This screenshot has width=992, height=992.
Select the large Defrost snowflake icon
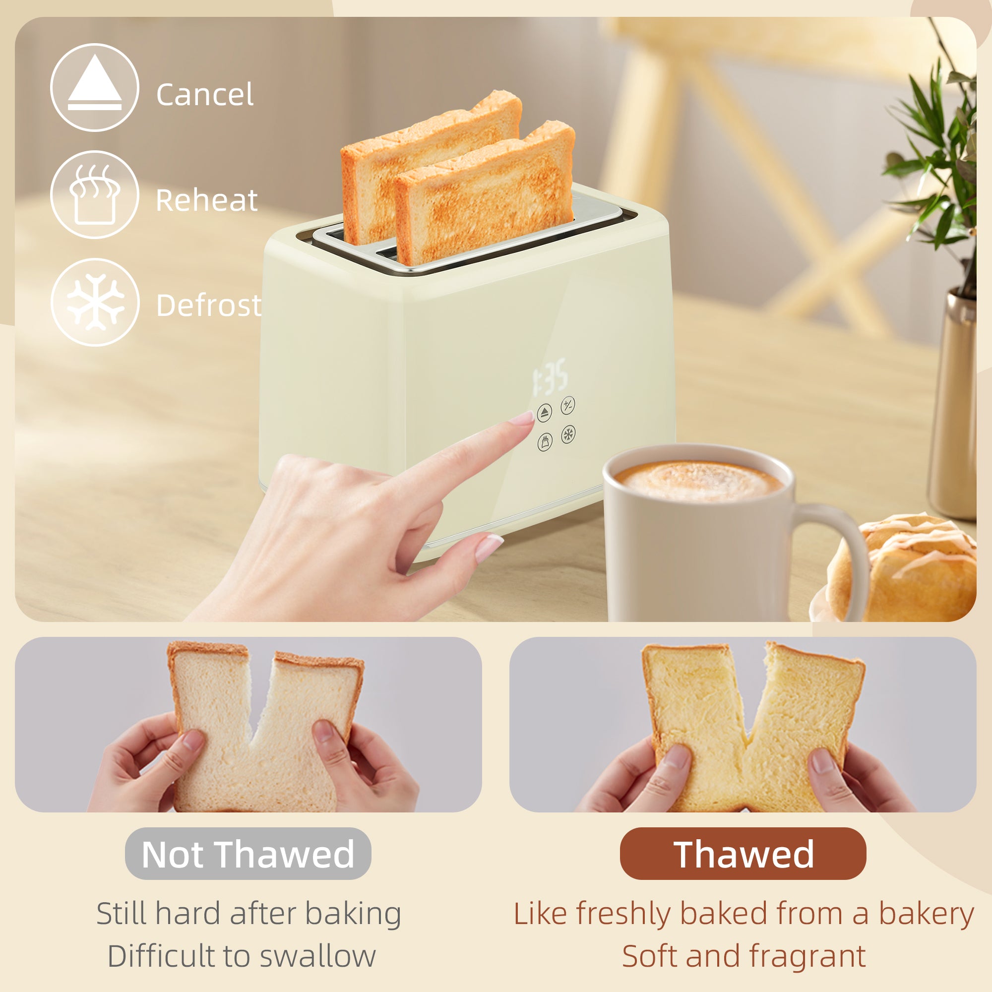[x=95, y=302]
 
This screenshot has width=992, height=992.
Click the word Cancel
[x=204, y=95]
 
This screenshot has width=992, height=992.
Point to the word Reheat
[x=206, y=200]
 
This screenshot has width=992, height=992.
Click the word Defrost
[x=208, y=306]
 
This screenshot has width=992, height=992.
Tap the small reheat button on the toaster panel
[x=545, y=441]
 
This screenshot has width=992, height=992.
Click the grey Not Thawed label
[x=248, y=855]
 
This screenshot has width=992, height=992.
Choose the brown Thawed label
[x=743, y=855]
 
